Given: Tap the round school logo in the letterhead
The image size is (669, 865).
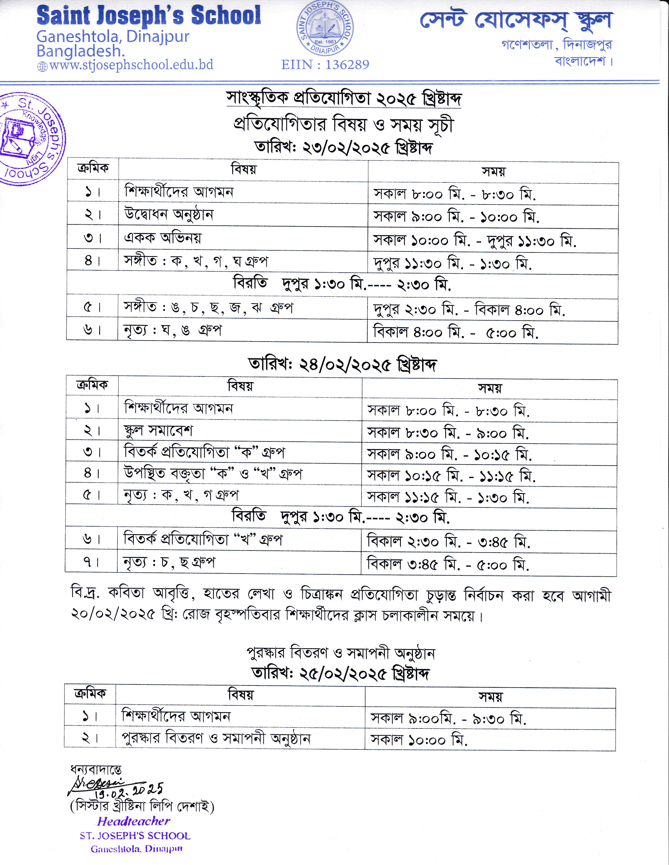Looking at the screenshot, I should (x=325, y=29).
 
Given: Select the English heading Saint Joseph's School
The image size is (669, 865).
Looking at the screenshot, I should (x=148, y=16).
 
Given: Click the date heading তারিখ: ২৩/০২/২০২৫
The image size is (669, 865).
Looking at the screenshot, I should (x=343, y=148).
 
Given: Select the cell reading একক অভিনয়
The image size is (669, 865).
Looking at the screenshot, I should (x=162, y=238).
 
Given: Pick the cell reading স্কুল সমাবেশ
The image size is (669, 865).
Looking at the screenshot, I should (x=158, y=430).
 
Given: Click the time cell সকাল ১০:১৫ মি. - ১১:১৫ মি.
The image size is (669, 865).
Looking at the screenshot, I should (x=451, y=476).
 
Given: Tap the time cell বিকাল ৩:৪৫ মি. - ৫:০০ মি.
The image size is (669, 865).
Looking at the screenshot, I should (x=448, y=564).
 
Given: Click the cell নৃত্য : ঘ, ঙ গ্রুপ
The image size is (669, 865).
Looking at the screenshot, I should (x=172, y=330).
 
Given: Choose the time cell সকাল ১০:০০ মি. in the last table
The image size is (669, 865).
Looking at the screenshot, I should (x=419, y=739).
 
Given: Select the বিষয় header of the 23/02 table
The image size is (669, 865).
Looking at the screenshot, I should (x=243, y=170).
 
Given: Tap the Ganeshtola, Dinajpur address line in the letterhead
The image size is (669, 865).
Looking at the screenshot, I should (x=113, y=37).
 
